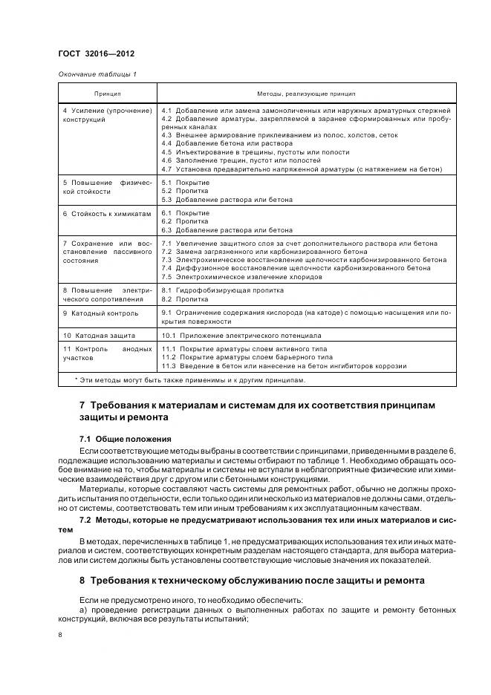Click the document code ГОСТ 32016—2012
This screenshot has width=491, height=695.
pyautogui.click(x=96, y=54)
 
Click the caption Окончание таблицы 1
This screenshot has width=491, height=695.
pyautogui.click(x=97, y=74)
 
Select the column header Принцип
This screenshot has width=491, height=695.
pyautogui.click(x=107, y=94)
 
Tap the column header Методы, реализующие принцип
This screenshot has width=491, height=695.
pyautogui.click(x=306, y=94)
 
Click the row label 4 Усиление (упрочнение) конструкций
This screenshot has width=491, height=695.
pyautogui.click(x=107, y=115)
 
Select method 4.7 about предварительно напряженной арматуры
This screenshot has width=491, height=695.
pyautogui.click(x=301, y=169)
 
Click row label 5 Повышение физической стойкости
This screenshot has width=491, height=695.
pyautogui.click(x=107, y=186)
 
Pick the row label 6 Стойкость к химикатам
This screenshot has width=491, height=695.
pyautogui.click(x=107, y=214)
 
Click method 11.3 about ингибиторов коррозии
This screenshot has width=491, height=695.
pyautogui.click(x=284, y=365)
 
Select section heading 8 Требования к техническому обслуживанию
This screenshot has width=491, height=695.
pyautogui.click(x=252, y=580)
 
